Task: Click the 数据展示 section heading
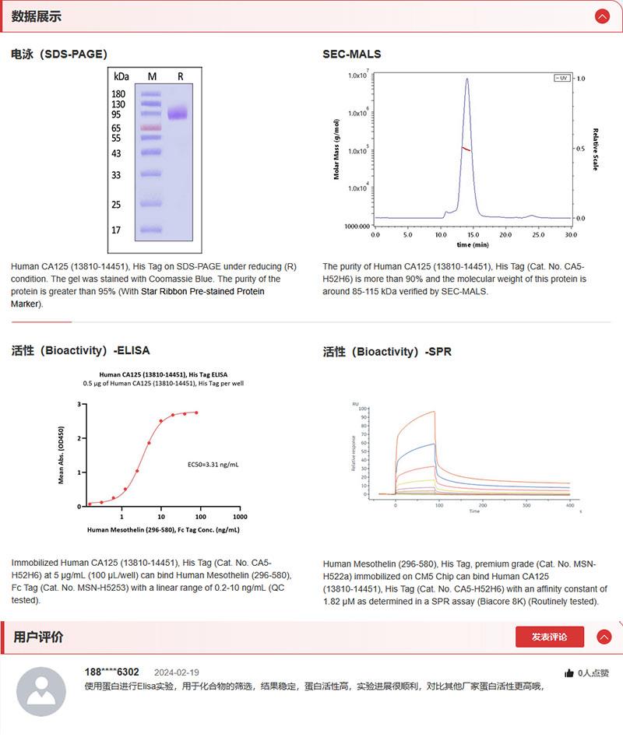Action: click(36, 16)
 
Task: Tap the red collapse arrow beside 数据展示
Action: click(602, 16)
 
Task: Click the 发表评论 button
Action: click(549, 637)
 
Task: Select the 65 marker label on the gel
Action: click(116, 128)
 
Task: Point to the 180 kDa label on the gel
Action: click(118, 93)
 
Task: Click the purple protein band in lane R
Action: click(178, 113)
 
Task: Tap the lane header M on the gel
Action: click(152, 76)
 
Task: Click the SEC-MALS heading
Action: click(352, 54)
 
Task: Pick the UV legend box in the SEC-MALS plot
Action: click(561, 78)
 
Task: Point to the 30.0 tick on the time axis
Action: click(571, 234)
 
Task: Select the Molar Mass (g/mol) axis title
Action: click(336, 149)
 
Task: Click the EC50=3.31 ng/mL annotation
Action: click(213, 465)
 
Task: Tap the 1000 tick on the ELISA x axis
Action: click(241, 517)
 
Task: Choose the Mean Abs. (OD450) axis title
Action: click(62, 455)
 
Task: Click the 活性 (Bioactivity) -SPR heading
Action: click(387, 352)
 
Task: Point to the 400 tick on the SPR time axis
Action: click(570, 505)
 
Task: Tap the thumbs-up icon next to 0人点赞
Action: click(569, 673)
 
